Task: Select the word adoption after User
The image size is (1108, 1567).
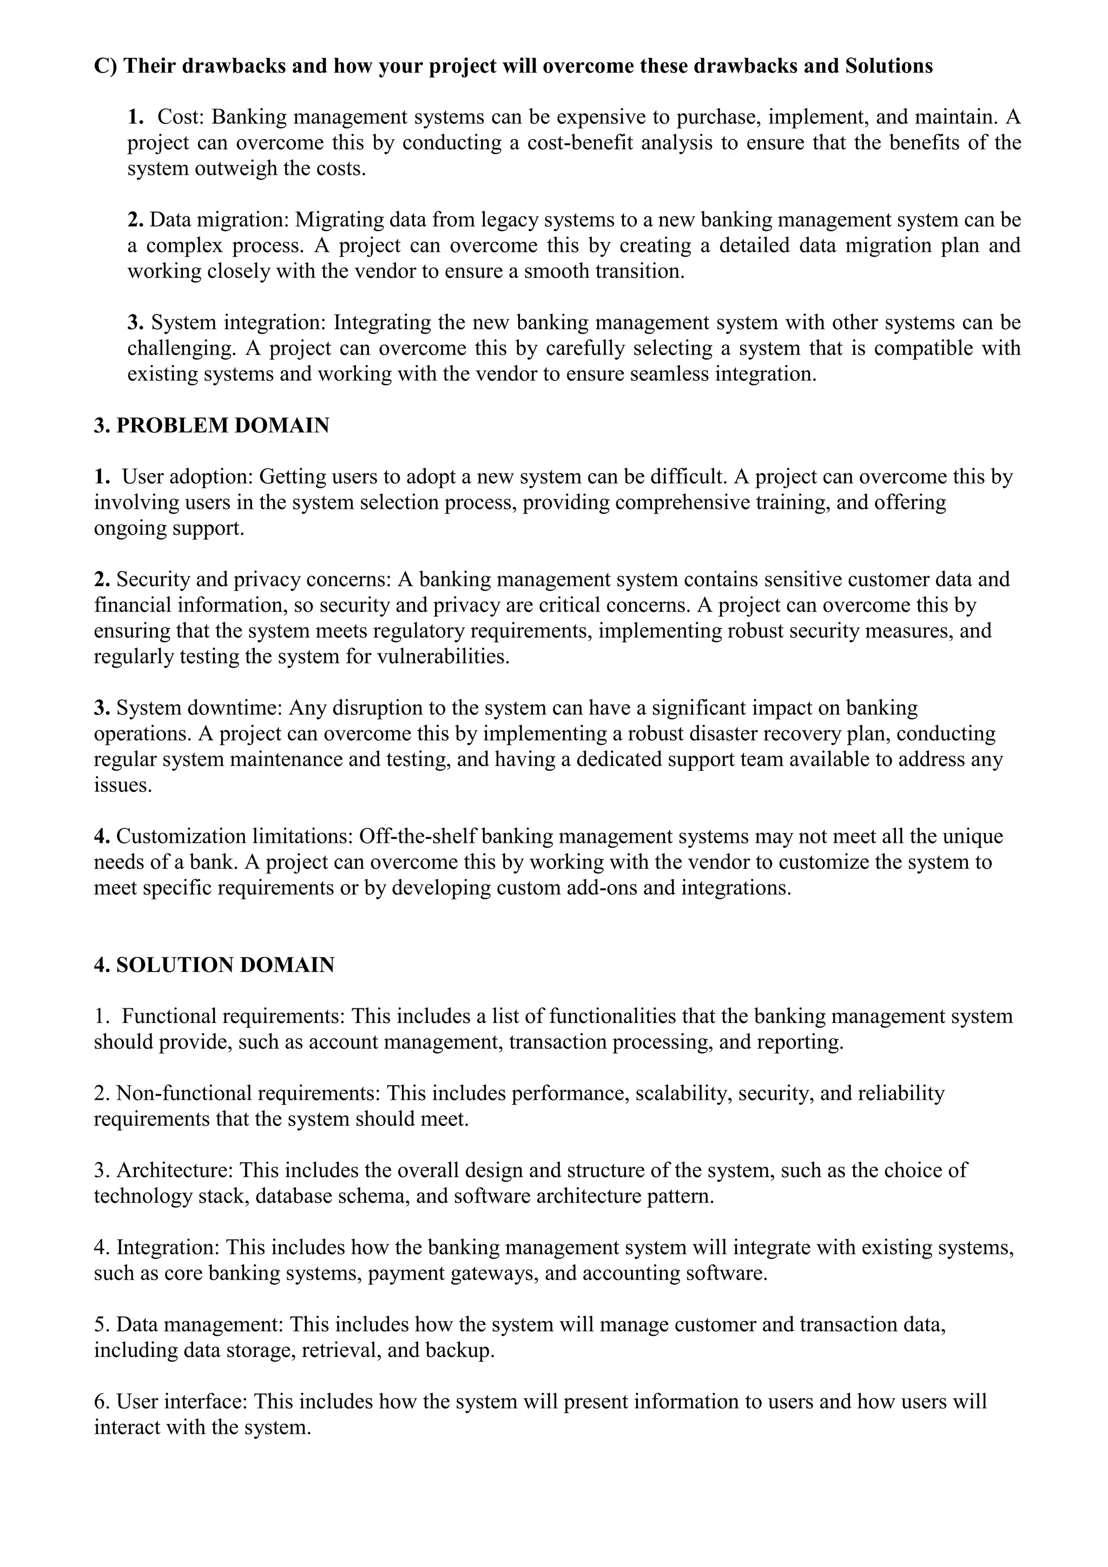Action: pyautogui.click(x=211, y=476)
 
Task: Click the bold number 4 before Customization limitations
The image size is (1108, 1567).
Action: pyautogui.click(x=101, y=836)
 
